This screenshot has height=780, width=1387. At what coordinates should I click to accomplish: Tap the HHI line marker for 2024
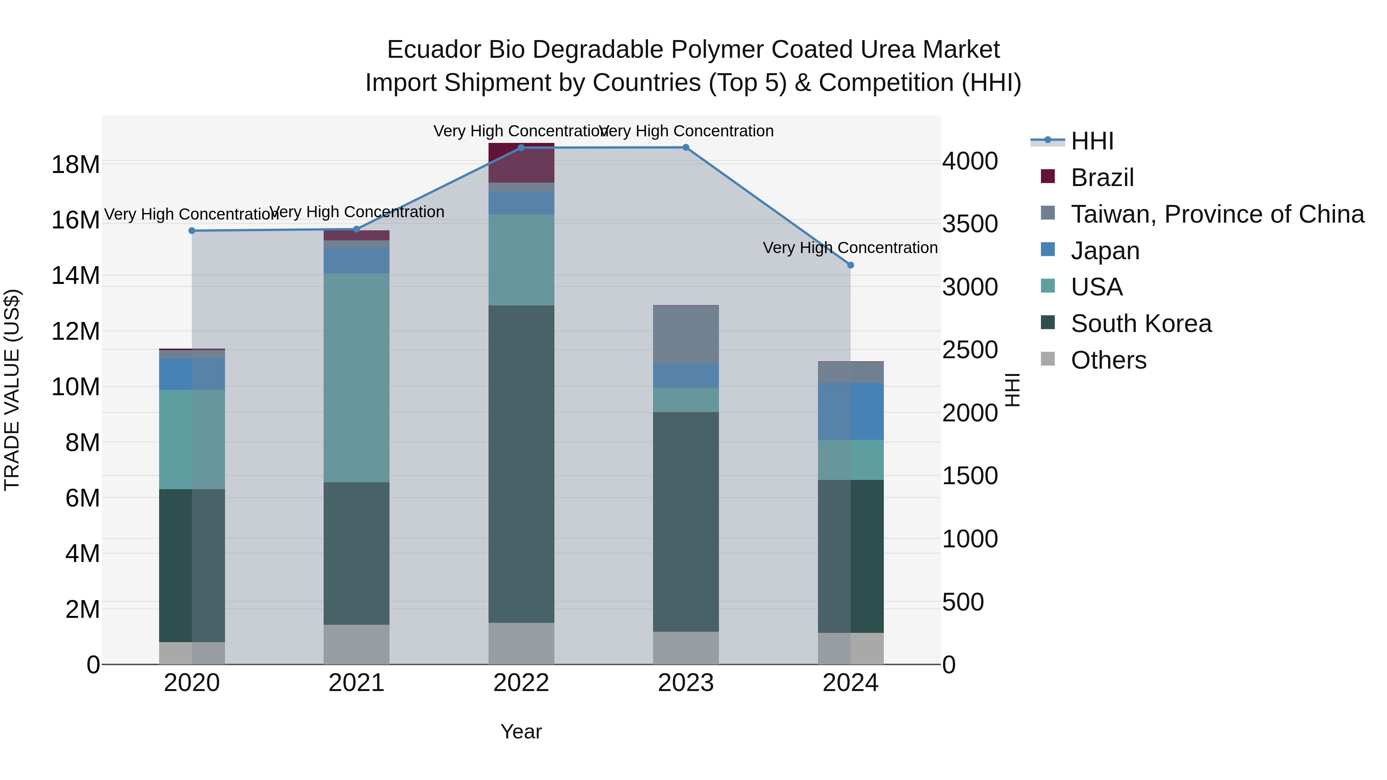click(850, 265)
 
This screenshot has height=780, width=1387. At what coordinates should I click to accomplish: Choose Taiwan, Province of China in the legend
click(1217, 214)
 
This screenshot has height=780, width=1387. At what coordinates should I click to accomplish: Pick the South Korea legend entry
click(1140, 324)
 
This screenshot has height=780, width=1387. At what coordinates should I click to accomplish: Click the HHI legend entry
click(1092, 141)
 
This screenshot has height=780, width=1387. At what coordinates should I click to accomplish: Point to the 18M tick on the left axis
click(76, 164)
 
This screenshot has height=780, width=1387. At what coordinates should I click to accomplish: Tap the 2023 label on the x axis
click(685, 683)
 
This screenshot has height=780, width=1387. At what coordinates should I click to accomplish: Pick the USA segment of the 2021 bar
click(356, 377)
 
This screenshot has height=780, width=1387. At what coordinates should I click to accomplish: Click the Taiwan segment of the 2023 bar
click(685, 334)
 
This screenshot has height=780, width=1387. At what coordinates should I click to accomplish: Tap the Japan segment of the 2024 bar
click(850, 411)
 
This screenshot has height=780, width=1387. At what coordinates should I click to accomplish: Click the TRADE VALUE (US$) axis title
click(12, 390)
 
